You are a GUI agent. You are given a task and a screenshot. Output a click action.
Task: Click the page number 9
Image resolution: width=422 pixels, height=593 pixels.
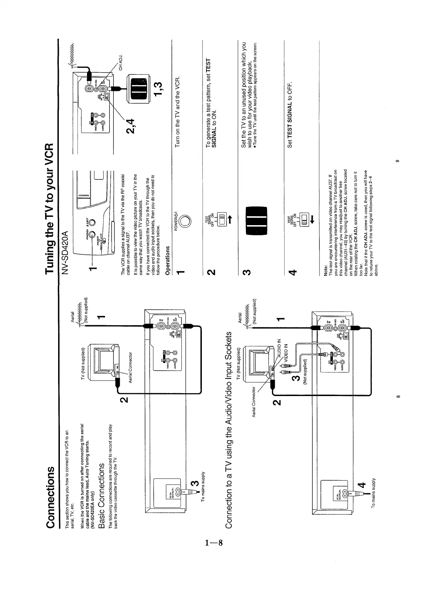coord(397,161)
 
